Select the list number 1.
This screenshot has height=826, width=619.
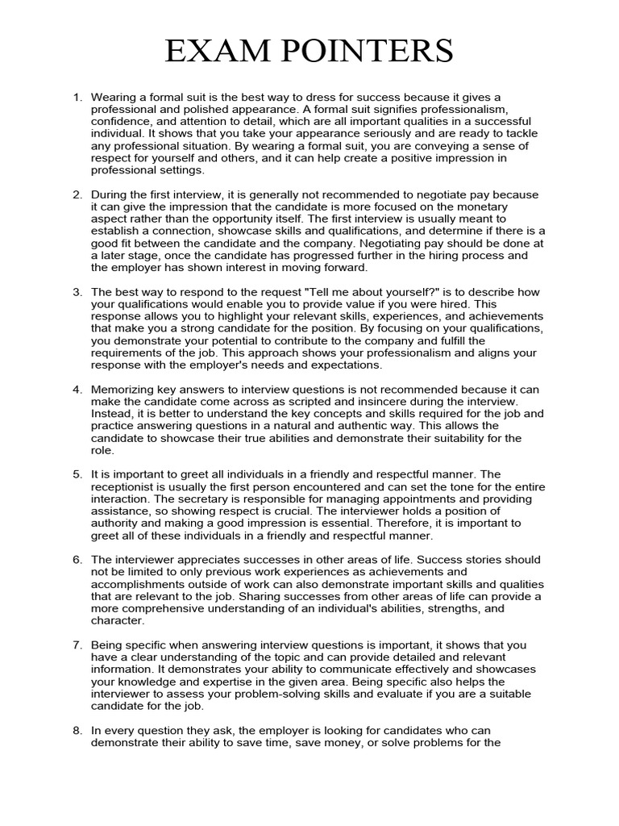77,97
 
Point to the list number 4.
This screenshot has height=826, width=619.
77,390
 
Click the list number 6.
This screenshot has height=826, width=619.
77,560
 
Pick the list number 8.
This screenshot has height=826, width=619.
77,731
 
